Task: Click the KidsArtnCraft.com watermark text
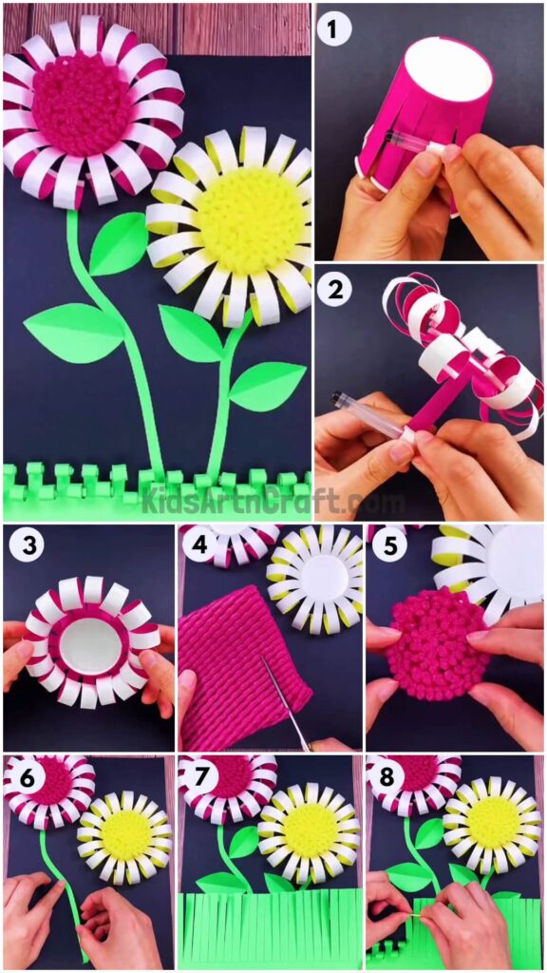tap(273, 501)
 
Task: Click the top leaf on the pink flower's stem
tap(118, 245)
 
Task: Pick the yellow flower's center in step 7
tap(310, 830)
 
